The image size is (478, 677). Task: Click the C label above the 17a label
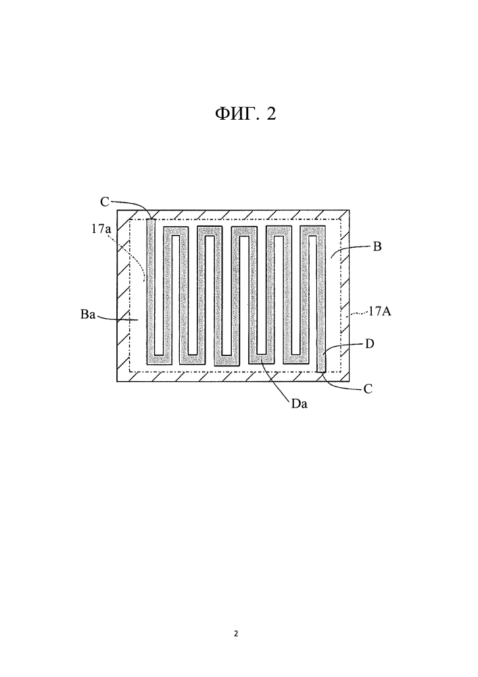point(105,201)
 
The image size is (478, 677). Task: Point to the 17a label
point(101,229)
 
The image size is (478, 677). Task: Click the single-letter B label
point(377,247)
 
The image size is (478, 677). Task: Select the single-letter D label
point(370,344)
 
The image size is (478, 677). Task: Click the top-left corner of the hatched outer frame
point(118,208)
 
